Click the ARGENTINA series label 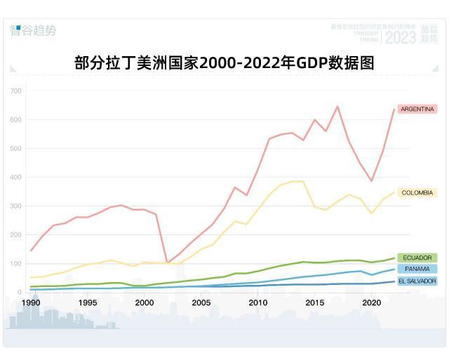pos(417,109)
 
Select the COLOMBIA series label pos(417,192)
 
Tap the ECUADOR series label pos(417,258)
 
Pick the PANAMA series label pos(417,269)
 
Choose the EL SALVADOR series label pos(417,281)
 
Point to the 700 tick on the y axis pos(15,91)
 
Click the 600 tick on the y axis pos(15,120)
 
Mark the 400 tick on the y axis pos(15,178)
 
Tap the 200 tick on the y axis pos(15,235)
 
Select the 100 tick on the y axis pos(15,264)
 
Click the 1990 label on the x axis pos(30,302)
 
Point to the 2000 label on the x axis pos(144,302)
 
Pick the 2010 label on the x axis pos(257,302)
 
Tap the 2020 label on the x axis pos(371,302)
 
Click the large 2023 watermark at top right pos(401,36)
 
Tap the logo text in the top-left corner pos(33,30)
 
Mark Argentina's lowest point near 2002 pos(167,262)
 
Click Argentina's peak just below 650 pos(337,107)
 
